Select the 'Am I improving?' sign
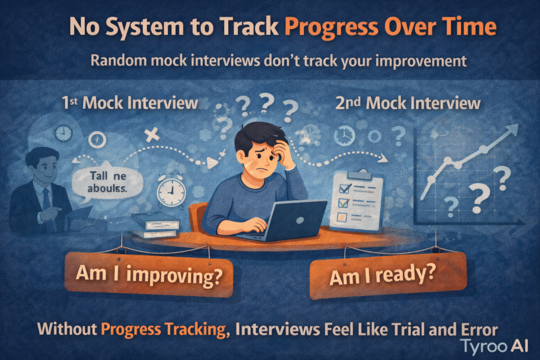149,275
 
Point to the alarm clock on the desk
171,190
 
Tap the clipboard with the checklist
356,200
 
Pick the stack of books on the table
155,225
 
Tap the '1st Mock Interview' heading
130,103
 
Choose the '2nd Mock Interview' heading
408,103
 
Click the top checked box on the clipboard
345,188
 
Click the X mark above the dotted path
152,134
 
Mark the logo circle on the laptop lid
300,220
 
